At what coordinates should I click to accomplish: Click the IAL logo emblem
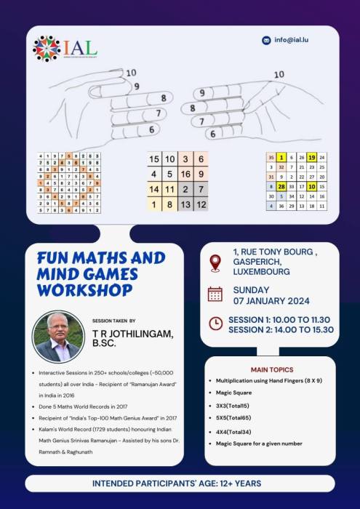pyautogui.click(x=47, y=48)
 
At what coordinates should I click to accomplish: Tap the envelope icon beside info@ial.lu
pyautogui.click(x=267, y=41)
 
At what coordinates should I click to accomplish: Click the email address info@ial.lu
pyautogui.click(x=293, y=41)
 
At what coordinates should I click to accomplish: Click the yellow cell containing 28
pyautogui.click(x=281, y=187)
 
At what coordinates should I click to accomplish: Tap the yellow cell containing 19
pyautogui.click(x=311, y=157)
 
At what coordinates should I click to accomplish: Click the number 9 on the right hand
pyautogui.click(x=199, y=94)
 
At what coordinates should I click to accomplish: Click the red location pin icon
pyautogui.click(x=215, y=262)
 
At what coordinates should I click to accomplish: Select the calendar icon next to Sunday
pyautogui.click(x=215, y=294)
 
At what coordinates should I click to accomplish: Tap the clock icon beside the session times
pyautogui.click(x=215, y=324)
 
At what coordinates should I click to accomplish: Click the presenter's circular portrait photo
pyautogui.click(x=57, y=337)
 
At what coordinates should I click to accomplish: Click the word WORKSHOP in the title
pyautogui.click(x=87, y=289)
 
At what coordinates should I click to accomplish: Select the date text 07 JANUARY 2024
pyautogui.click(x=270, y=301)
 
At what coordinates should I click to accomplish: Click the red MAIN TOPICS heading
pyautogui.click(x=271, y=369)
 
